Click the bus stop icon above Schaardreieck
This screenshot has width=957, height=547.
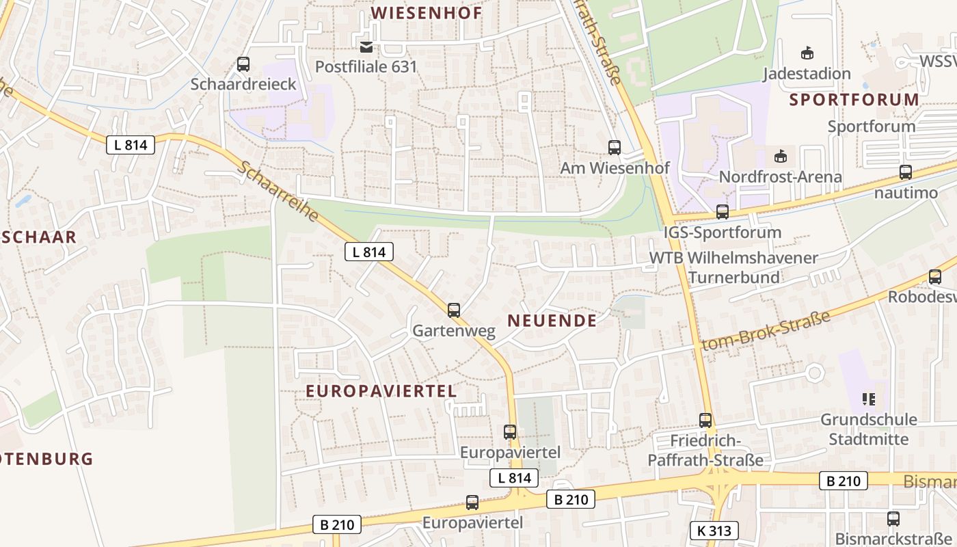coord(243,65)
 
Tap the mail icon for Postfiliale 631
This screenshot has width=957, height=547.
coord(366,46)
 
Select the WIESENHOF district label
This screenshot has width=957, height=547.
coord(426,12)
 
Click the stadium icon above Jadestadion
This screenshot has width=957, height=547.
coord(807,53)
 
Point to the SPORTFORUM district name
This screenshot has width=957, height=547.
coord(854,100)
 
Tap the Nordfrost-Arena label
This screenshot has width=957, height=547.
coord(780,177)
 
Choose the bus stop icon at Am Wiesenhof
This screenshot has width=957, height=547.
coord(614,148)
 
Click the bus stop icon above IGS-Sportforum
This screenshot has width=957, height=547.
coord(722,212)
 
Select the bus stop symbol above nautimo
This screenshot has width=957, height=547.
coord(906,172)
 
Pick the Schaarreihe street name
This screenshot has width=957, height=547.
coord(278,192)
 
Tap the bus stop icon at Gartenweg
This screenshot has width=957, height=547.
coord(453,310)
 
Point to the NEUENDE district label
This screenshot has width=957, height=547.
coord(552,320)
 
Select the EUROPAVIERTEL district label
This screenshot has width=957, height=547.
coord(381,391)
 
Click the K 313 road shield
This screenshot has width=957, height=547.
coord(714,530)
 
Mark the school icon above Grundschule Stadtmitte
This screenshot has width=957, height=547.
coord(868,399)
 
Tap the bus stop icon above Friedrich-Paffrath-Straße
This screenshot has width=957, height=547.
coord(705,421)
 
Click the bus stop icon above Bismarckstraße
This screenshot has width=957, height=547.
coord(893,519)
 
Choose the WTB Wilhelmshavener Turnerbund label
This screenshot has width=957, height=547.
coord(733,267)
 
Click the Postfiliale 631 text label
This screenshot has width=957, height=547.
coord(366,67)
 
